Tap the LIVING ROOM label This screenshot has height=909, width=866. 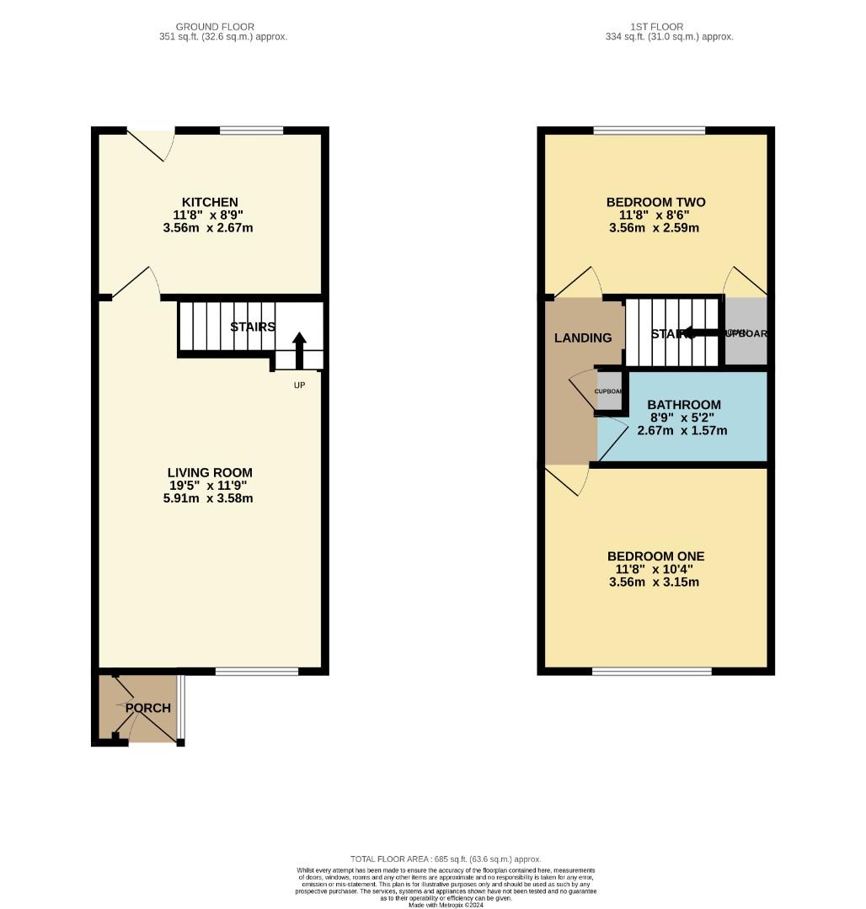point(210,473)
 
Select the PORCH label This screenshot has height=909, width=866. point(148,708)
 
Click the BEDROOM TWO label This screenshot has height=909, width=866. point(655,202)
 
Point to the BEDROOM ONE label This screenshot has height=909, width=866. point(655,556)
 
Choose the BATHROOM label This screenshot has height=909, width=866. point(684,405)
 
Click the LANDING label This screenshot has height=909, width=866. point(583,338)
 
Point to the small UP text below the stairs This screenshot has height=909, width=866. point(299,385)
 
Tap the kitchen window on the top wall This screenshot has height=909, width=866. point(251,130)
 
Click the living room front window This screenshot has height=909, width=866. point(256,671)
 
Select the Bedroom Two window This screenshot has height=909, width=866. point(649,130)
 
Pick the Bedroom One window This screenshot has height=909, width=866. point(651,671)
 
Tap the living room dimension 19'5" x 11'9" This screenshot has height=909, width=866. point(210,486)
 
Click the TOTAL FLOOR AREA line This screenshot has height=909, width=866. point(446,858)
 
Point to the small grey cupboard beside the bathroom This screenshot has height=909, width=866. point(608,391)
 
